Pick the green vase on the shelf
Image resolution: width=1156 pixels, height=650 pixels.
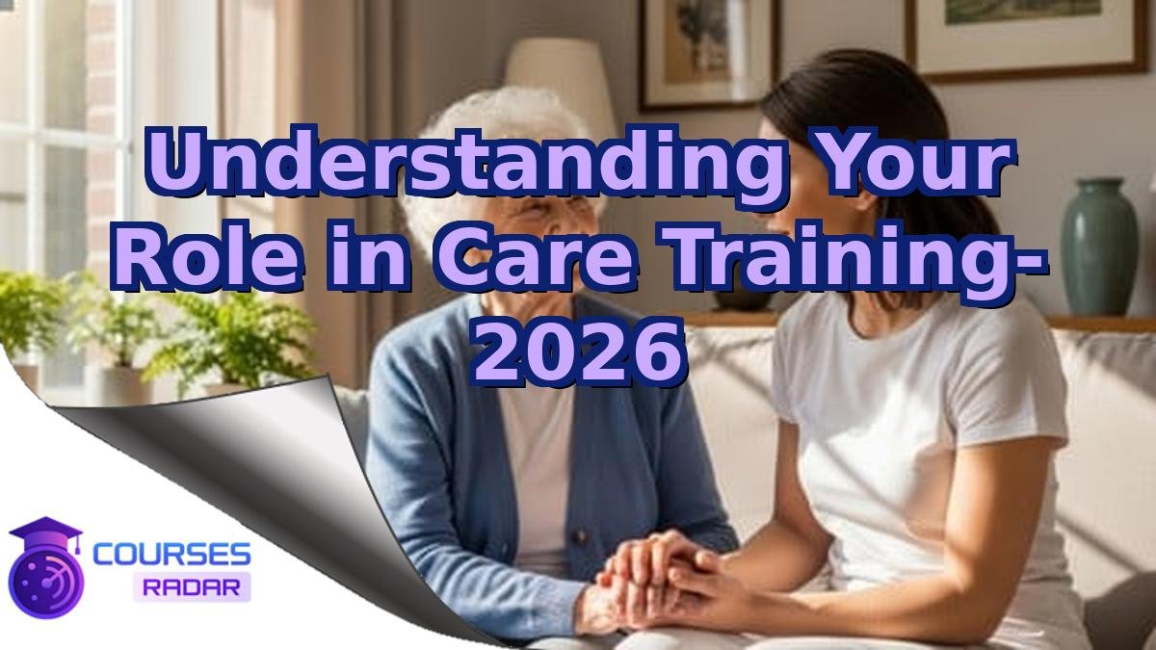pos(1098,246)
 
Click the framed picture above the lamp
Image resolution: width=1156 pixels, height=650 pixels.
pos(709,48)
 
